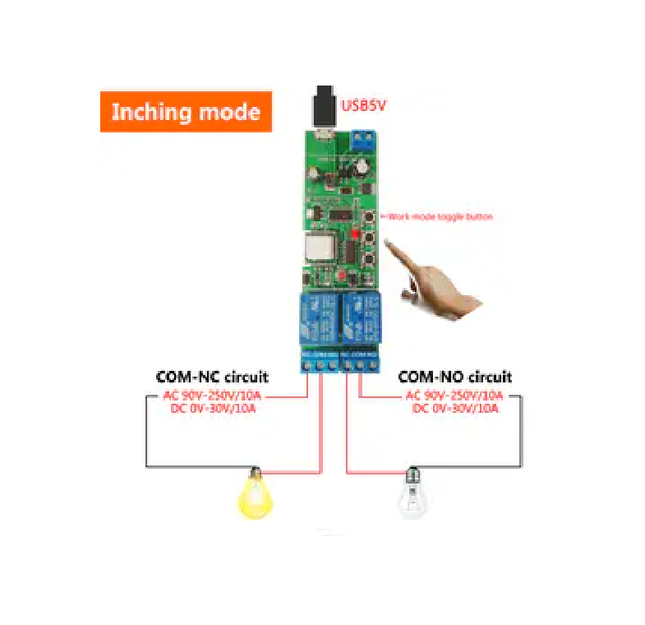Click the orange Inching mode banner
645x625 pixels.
(x=186, y=111)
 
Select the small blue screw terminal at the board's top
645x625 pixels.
(x=362, y=140)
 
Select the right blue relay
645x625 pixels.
(x=358, y=316)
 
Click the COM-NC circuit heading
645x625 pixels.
(x=212, y=377)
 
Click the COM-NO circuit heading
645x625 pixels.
(x=454, y=377)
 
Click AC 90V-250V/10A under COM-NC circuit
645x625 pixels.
(x=212, y=396)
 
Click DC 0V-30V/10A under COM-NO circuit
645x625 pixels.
(x=454, y=408)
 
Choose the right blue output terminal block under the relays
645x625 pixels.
(x=360, y=362)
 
